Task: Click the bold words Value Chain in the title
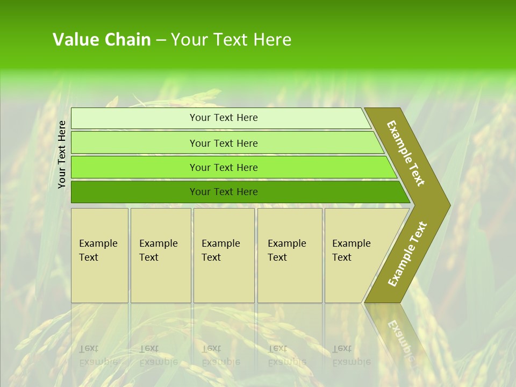(102, 40)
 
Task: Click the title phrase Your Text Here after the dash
(231, 40)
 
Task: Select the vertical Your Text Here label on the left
(62, 154)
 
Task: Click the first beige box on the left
(99, 269)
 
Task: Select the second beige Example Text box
(161, 269)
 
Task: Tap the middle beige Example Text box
(224, 269)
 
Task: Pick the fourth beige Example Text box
(290, 269)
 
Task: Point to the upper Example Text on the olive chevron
(406, 153)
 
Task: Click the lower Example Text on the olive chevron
(407, 254)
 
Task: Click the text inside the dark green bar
(224, 192)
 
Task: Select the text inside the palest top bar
(224, 118)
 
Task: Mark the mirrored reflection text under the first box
(98, 355)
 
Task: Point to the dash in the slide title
(161, 40)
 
